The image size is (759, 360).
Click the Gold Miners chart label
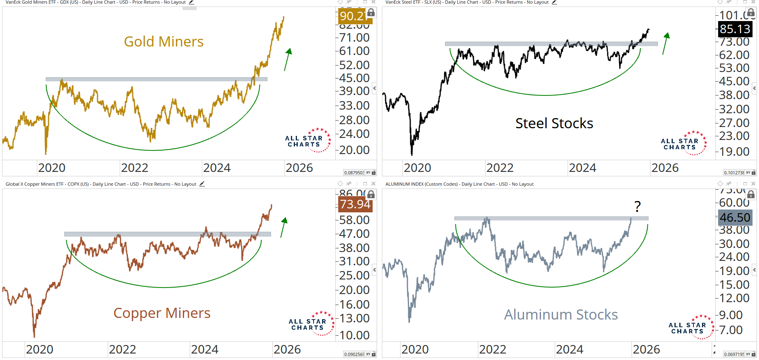point(163,42)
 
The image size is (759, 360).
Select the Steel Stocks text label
point(554,123)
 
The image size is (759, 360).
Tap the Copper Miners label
point(162,313)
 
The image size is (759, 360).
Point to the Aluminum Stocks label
point(561,315)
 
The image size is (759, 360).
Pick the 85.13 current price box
point(735,29)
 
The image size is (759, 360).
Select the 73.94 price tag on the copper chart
point(355,204)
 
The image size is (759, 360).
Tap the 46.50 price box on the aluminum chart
point(735,218)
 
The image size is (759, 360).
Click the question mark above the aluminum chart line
point(638,207)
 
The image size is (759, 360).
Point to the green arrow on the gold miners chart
point(288,59)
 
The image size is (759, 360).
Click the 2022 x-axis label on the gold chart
point(135,168)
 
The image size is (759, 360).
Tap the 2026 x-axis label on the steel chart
point(665,168)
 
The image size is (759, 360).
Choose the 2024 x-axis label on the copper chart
point(205,349)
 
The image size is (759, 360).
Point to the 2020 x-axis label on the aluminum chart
point(415,349)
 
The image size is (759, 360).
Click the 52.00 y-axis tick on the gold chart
point(354,65)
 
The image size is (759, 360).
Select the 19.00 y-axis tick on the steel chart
point(734,152)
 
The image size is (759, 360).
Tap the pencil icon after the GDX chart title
point(191,2)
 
